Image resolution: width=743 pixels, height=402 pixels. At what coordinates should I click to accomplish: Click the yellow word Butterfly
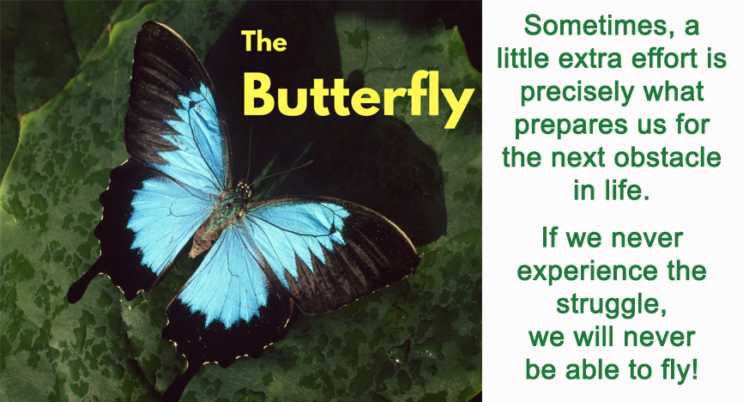(x=359, y=98)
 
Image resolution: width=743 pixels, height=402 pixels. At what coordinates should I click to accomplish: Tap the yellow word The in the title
(x=264, y=41)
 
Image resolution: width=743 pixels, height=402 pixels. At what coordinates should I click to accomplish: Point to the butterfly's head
(x=244, y=190)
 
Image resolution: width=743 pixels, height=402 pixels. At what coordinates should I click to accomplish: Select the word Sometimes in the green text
(x=591, y=26)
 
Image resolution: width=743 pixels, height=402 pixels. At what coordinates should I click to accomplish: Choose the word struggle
(x=611, y=305)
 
